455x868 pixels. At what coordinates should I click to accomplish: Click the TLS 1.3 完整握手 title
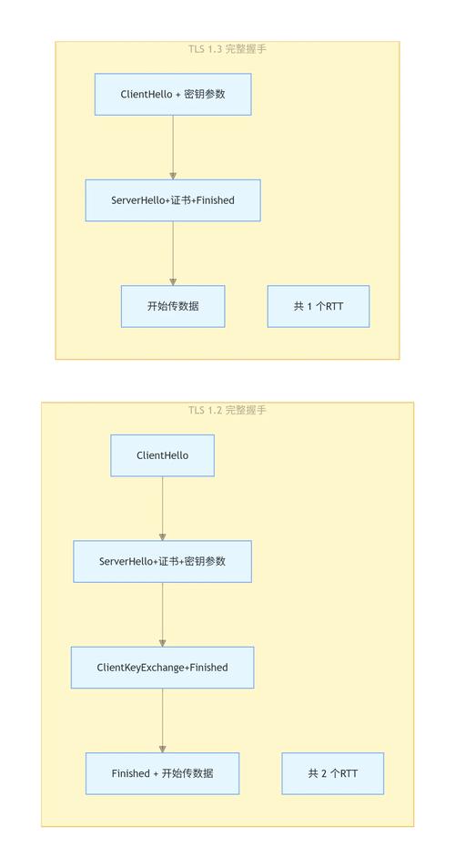point(227,48)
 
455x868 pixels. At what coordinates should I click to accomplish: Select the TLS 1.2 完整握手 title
point(227,410)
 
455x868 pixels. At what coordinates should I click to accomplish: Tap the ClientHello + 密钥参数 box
point(173,94)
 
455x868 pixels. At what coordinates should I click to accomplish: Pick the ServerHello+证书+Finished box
point(173,200)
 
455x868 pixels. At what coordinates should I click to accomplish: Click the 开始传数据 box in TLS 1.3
point(173,306)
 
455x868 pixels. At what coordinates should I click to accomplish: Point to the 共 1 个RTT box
point(318,306)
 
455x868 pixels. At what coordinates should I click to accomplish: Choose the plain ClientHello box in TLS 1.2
point(163,455)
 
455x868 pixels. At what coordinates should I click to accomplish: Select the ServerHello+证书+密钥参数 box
point(163,561)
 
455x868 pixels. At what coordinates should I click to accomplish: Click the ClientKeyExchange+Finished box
point(163,668)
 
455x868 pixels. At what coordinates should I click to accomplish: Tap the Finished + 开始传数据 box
point(163,773)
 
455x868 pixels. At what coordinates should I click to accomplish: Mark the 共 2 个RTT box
point(333,773)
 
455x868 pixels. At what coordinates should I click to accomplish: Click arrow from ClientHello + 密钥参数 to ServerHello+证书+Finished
point(173,148)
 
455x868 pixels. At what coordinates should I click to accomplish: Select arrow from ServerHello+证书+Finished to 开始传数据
point(173,253)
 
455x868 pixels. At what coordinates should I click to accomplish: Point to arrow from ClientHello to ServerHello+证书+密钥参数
point(163,509)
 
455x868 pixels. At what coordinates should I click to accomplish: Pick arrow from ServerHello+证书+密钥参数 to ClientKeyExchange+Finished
point(163,615)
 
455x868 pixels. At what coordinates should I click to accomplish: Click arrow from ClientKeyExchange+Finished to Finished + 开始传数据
point(163,720)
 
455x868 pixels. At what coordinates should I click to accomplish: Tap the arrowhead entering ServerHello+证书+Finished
point(173,176)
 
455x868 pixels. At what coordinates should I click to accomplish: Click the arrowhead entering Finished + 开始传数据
point(163,750)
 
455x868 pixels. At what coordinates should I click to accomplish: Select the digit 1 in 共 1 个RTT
point(310,307)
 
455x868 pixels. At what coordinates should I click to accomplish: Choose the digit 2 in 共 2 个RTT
point(325,774)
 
